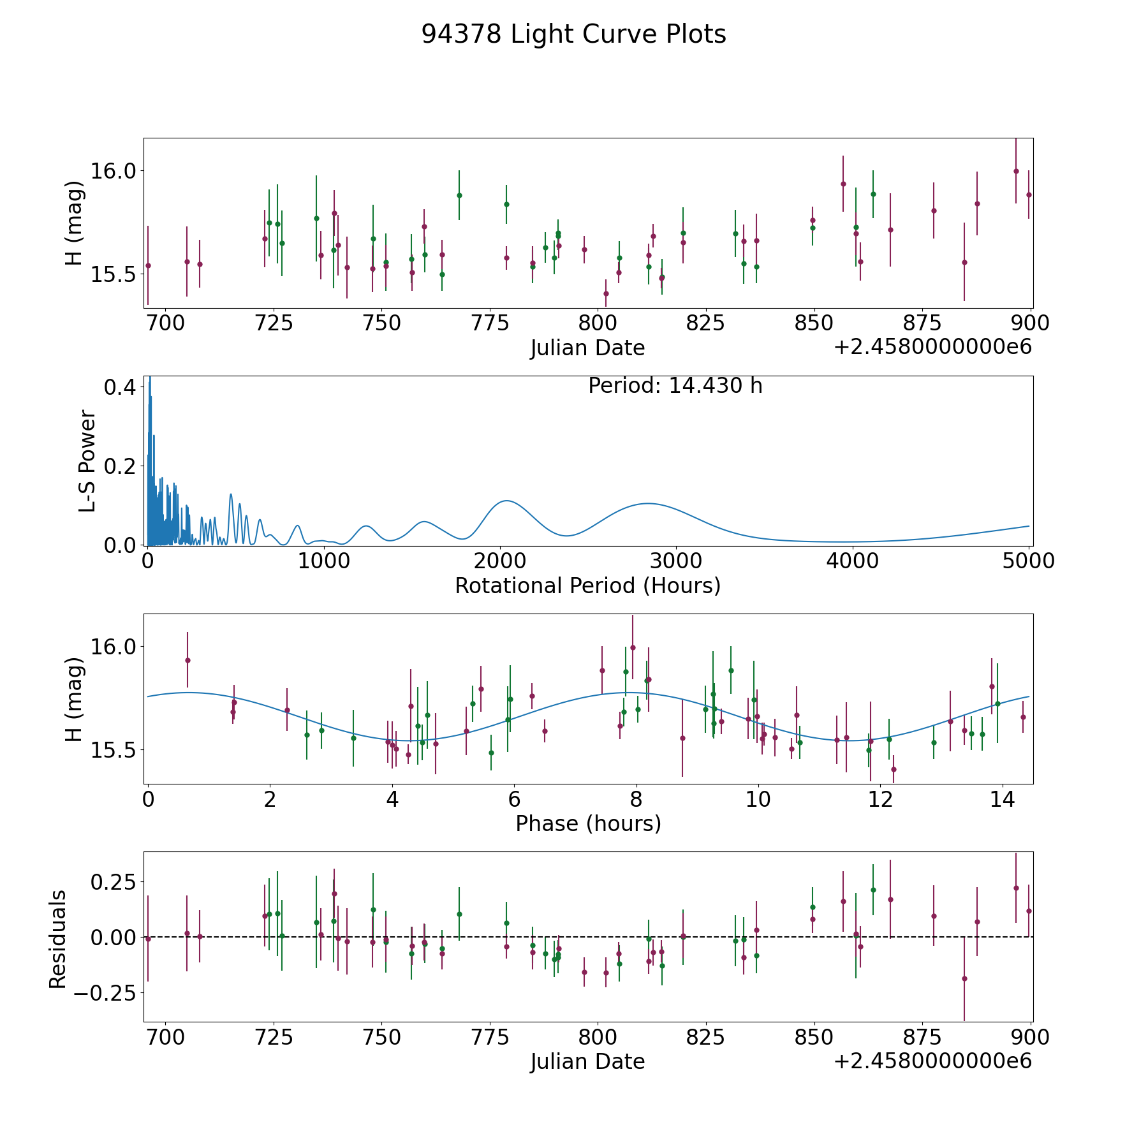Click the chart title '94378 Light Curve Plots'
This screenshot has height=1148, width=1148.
[x=573, y=34]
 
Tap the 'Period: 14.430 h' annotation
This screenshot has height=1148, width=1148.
[x=675, y=386]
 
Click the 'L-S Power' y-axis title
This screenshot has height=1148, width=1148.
[x=87, y=460]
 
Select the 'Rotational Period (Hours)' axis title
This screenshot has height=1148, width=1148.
[x=587, y=585]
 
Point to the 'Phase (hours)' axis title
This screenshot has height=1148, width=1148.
[x=588, y=823]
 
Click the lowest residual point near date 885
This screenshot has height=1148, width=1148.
[x=964, y=978]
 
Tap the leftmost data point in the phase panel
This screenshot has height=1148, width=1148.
[x=188, y=660]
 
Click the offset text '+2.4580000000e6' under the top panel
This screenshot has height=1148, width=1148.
[x=932, y=347]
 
